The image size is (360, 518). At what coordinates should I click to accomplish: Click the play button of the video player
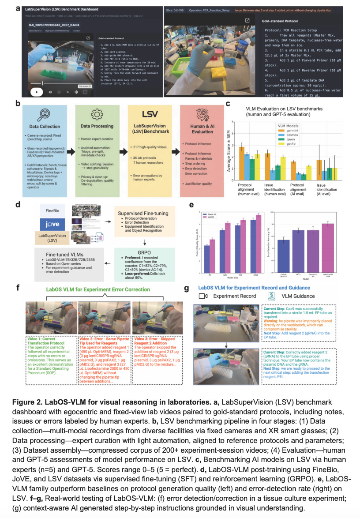[37, 92]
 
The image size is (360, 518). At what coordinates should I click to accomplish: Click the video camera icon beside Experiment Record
[203, 296]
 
